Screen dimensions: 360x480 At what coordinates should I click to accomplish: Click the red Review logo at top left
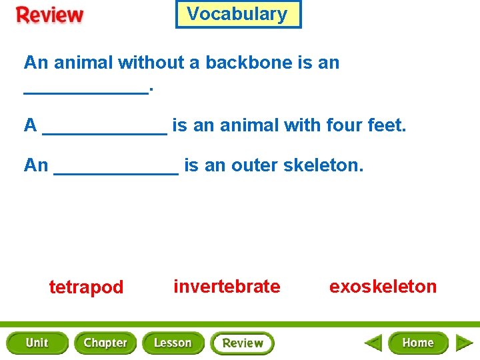click(x=50, y=15)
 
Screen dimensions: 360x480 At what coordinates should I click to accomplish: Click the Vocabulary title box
click(x=238, y=14)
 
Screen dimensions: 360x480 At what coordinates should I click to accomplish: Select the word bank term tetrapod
click(x=86, y=287)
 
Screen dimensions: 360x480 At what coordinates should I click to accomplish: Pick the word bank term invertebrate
click(x=227, y=287)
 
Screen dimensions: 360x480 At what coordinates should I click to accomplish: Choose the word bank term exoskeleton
click(x=383, y=287)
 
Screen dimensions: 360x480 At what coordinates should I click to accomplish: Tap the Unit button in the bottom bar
click(x=37, y=343)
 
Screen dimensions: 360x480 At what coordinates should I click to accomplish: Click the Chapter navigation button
click(x=105, y=343)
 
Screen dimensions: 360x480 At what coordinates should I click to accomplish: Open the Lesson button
click(x=173, y=343)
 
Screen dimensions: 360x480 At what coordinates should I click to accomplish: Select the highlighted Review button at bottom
click(x=242, y=343)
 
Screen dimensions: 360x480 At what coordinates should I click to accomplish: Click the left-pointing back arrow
click(x=373, y=343)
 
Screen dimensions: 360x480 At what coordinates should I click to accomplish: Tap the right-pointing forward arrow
click(x=464, y=343)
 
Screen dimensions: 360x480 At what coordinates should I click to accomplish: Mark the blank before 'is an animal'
click(x=104, y=129)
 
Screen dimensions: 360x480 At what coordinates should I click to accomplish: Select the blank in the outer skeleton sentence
click(x=115, y=169)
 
